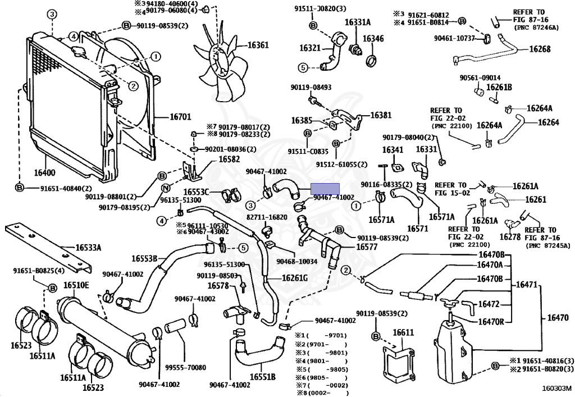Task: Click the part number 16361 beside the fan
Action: coord(258,45)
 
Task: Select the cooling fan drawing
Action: coord(219,63)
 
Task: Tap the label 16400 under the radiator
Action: coord(45,172)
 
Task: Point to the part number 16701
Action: coord(180,117)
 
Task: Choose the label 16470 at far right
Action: coord(558,317)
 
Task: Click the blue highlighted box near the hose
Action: coord(325,189)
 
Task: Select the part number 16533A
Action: coord(88,248)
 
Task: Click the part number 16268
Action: coord(540,49)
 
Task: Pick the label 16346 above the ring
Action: coord(373,39)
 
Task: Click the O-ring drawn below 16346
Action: coord(372,61)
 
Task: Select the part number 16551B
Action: coord(263,377)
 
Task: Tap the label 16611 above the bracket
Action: coord(403,332)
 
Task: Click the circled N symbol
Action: coord(166,189)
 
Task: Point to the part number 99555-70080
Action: coord(185,367)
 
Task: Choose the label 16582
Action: coord(229,159)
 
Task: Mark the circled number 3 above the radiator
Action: coord(52,15)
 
